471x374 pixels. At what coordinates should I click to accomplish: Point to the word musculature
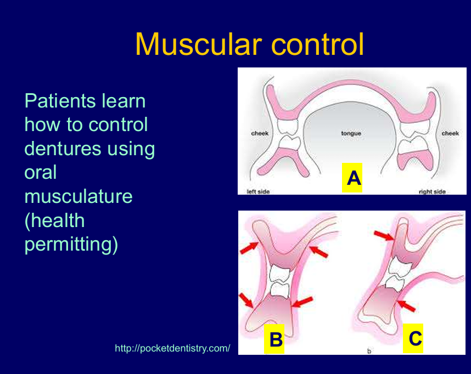78,196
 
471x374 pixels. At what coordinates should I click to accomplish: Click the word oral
41,172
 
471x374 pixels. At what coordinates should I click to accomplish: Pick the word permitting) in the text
71,244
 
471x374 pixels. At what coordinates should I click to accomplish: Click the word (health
55,220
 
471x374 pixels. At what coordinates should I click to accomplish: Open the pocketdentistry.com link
172,348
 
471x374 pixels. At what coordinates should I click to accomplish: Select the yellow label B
275,340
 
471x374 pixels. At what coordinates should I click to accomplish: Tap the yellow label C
415,339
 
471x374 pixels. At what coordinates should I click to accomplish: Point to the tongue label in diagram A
351,133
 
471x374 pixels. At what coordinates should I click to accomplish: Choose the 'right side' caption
432,192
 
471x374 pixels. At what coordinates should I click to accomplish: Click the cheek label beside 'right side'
450,133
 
